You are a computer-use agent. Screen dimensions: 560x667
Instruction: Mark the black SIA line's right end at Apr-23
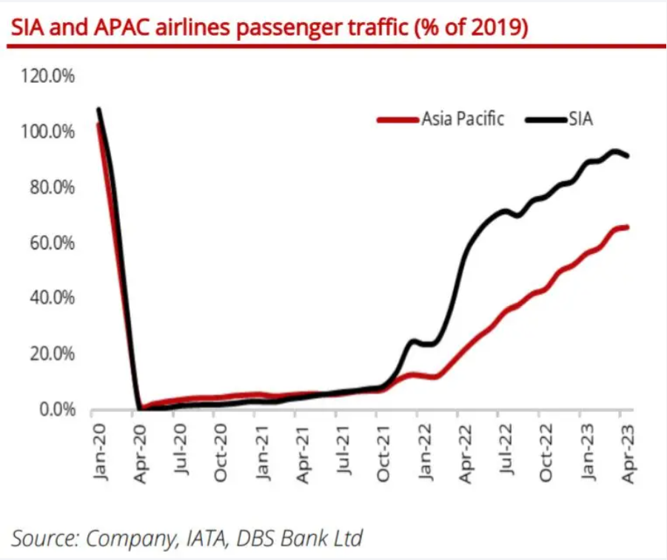click(x=628, y=156)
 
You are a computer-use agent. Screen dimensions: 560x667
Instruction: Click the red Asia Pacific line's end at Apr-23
click(x=628, y=226)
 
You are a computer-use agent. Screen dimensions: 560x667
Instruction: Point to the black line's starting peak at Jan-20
click(x=98, y=109)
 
